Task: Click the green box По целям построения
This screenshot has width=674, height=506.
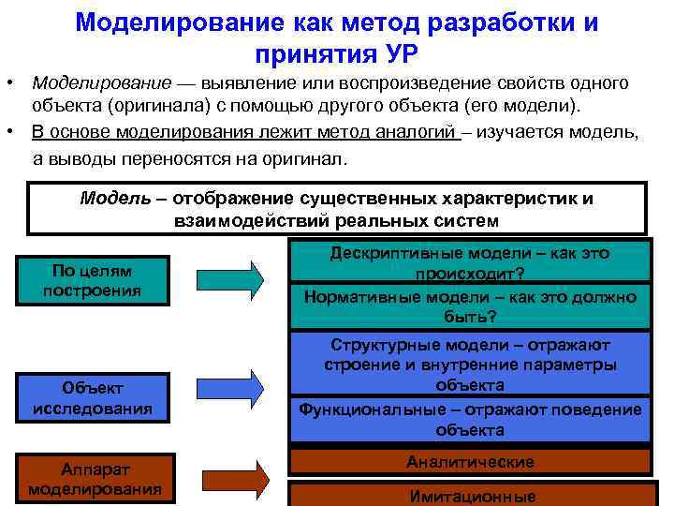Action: click(92, 280)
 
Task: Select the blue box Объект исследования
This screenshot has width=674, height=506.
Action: click(92, 398)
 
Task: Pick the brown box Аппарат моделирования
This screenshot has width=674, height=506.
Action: click(94, 478)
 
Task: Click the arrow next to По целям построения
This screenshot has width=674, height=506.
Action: click(230, 279)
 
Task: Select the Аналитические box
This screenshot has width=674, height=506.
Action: click(470, 462)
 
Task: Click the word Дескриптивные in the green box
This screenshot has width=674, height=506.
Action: click(392, 253)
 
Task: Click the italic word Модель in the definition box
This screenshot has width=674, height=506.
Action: click(110, 199)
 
